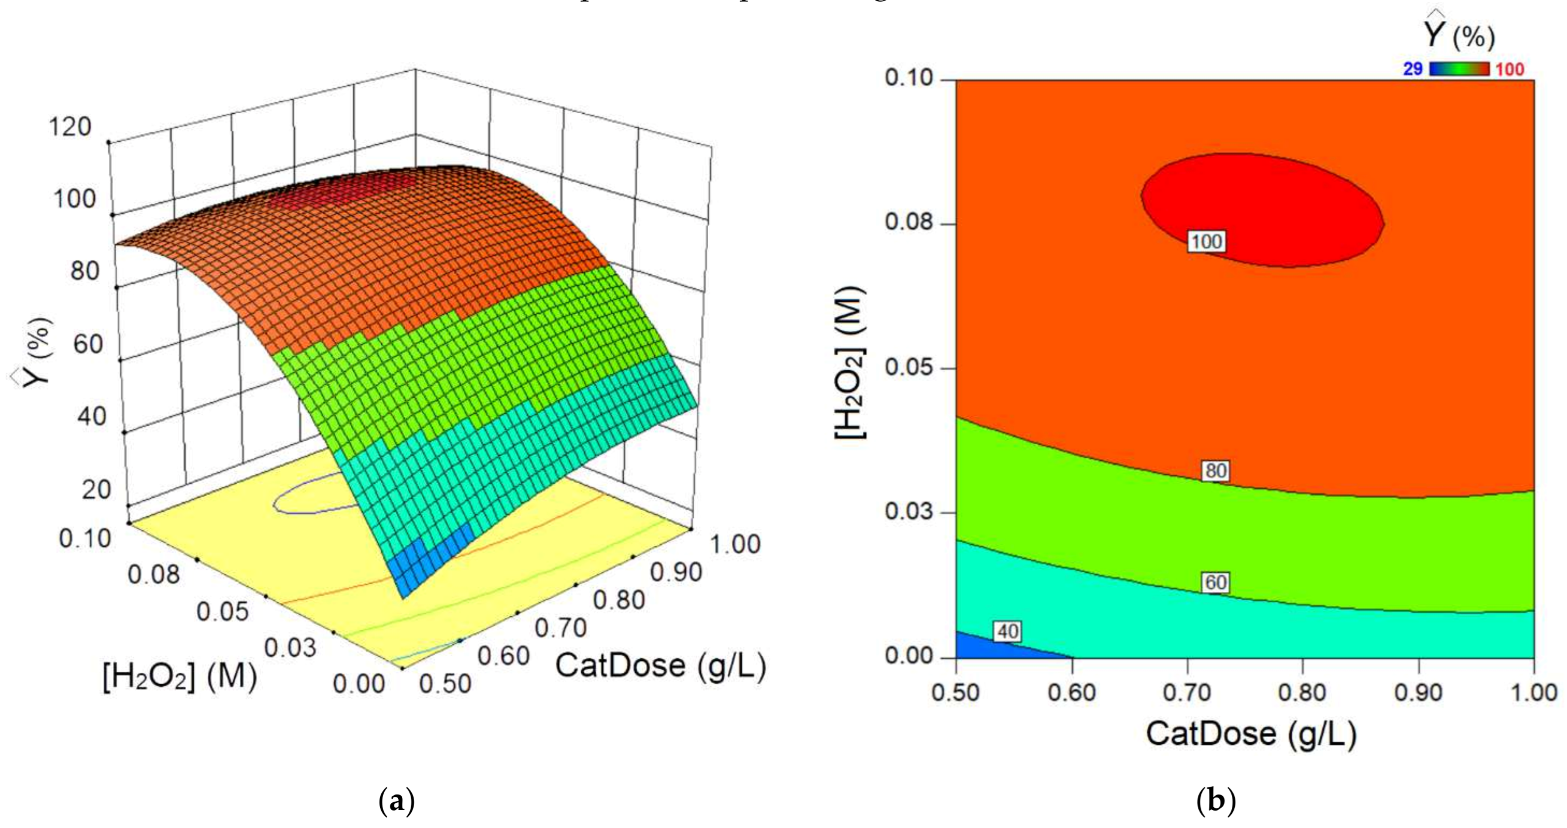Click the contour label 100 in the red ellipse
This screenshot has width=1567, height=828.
(1205, 242)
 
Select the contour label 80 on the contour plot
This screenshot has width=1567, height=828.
(1216, 470)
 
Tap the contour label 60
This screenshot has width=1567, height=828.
(1216, 582)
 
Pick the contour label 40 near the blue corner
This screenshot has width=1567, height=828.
(1007, 632)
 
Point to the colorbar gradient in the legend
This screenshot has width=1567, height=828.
(1459, 69)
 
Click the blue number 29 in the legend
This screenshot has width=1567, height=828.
(1413, 69)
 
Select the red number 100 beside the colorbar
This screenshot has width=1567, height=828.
(1510, 69)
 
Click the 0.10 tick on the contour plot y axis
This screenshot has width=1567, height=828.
(908, 78)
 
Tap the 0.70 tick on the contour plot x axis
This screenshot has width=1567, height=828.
(1187, 693)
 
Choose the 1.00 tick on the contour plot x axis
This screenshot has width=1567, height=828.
(1533, 693)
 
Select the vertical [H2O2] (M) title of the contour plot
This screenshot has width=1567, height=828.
(850, 364)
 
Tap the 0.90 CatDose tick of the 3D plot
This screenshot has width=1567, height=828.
(676, 572)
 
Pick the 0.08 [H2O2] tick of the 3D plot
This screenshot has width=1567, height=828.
(153, 574)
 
